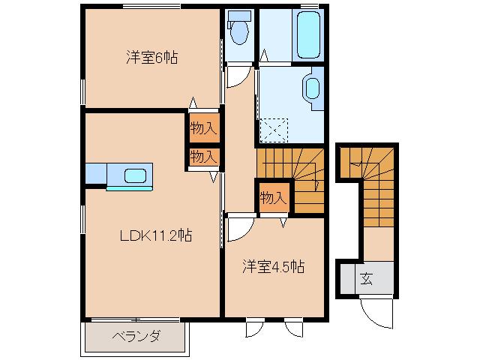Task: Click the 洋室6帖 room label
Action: pos(151,58)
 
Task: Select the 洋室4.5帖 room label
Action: pos(272,266)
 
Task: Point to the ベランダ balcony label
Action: pos(136,336)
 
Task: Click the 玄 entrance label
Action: pos(367,280)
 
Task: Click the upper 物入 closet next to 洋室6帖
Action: pos(203,128)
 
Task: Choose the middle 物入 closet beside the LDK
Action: pos(203,157)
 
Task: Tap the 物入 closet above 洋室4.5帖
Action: pos(272,198)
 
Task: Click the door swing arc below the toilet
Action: pos(238,76)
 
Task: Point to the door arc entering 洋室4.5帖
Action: pos(239,229)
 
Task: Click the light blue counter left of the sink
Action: pos(96,174)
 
